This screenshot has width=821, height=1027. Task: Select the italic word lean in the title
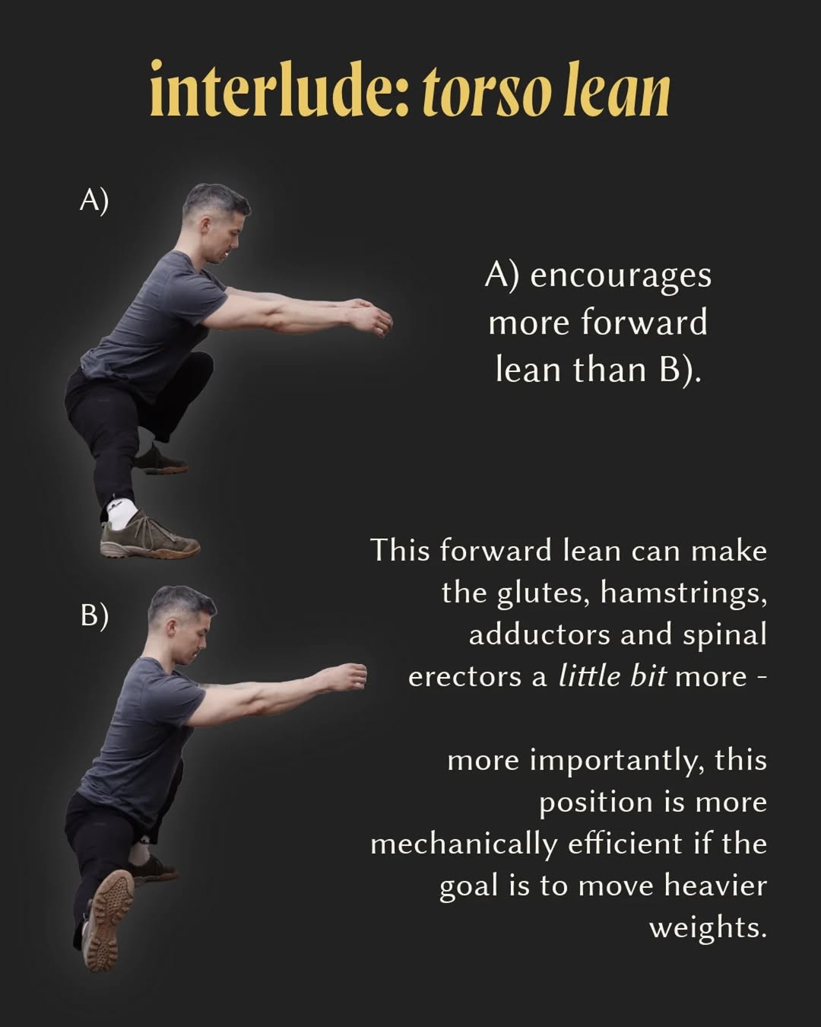click(x=617, y=89)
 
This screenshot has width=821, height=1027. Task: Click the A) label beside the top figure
click(x=94, y=201)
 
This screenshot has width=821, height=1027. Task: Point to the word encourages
click(x=620, y=277)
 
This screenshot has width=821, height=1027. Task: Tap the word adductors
click(x=540, y=634)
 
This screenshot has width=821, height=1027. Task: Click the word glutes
click(x=543, y=593)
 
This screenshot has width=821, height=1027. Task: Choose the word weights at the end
click(x=708, y=929)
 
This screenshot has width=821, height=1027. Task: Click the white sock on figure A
click(x=121, y=511)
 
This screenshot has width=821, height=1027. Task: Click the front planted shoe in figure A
click(x=150, y=535)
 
